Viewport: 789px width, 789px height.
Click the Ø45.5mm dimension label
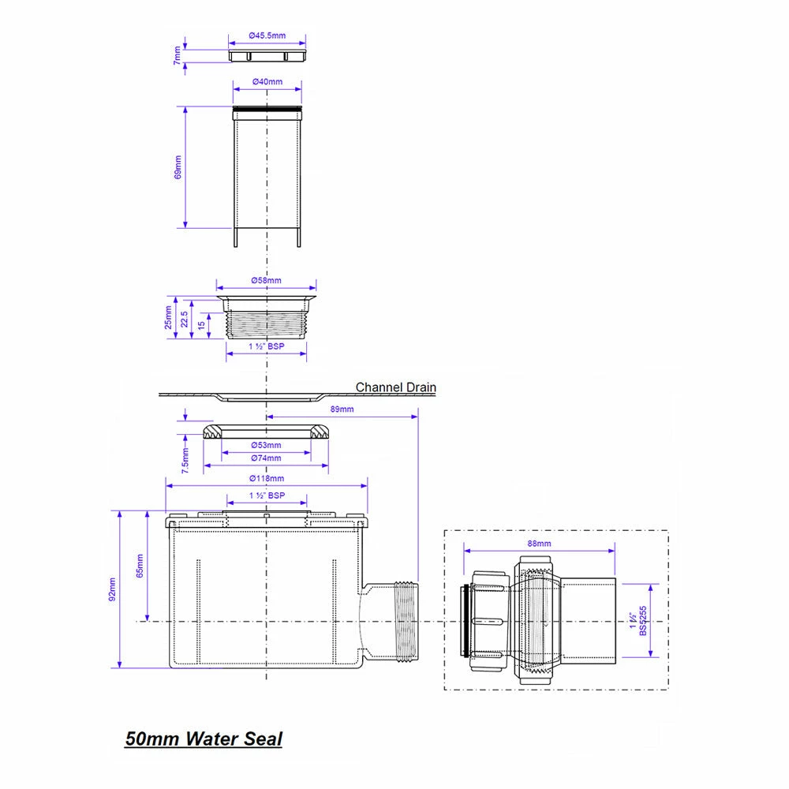(267, 36)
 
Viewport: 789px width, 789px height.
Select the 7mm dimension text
(177, 55)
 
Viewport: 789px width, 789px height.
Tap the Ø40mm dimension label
(267, 81)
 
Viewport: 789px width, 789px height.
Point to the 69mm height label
(178, 167)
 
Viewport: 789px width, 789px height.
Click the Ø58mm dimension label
(266, 280)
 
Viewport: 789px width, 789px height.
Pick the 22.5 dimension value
(184, 319)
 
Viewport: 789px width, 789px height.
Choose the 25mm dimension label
(168, 317)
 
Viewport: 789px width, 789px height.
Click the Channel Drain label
(395, 387)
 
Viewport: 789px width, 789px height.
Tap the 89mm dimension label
(342, 409)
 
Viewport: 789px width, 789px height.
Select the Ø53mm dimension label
(266, 445)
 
